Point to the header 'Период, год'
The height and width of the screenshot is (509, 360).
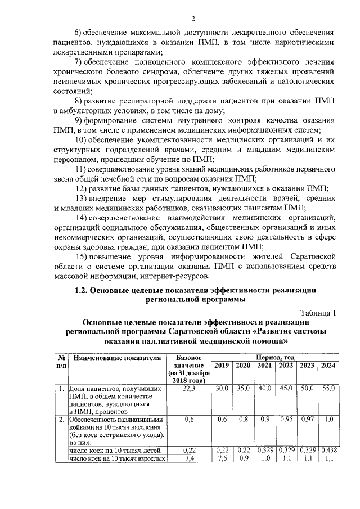(274, 357)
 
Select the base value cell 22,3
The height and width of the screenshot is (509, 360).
(188, 389)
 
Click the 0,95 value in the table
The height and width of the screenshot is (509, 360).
(285, 420)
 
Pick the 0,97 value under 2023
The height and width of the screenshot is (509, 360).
(307, 420)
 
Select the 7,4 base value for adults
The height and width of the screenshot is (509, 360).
(188, 458)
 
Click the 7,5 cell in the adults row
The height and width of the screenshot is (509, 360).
(222, 458)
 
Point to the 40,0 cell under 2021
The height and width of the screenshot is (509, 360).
(264, 389)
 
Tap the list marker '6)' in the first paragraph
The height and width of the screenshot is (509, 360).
(79, 32)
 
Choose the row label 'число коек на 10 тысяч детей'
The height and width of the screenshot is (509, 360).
(115, 451)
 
